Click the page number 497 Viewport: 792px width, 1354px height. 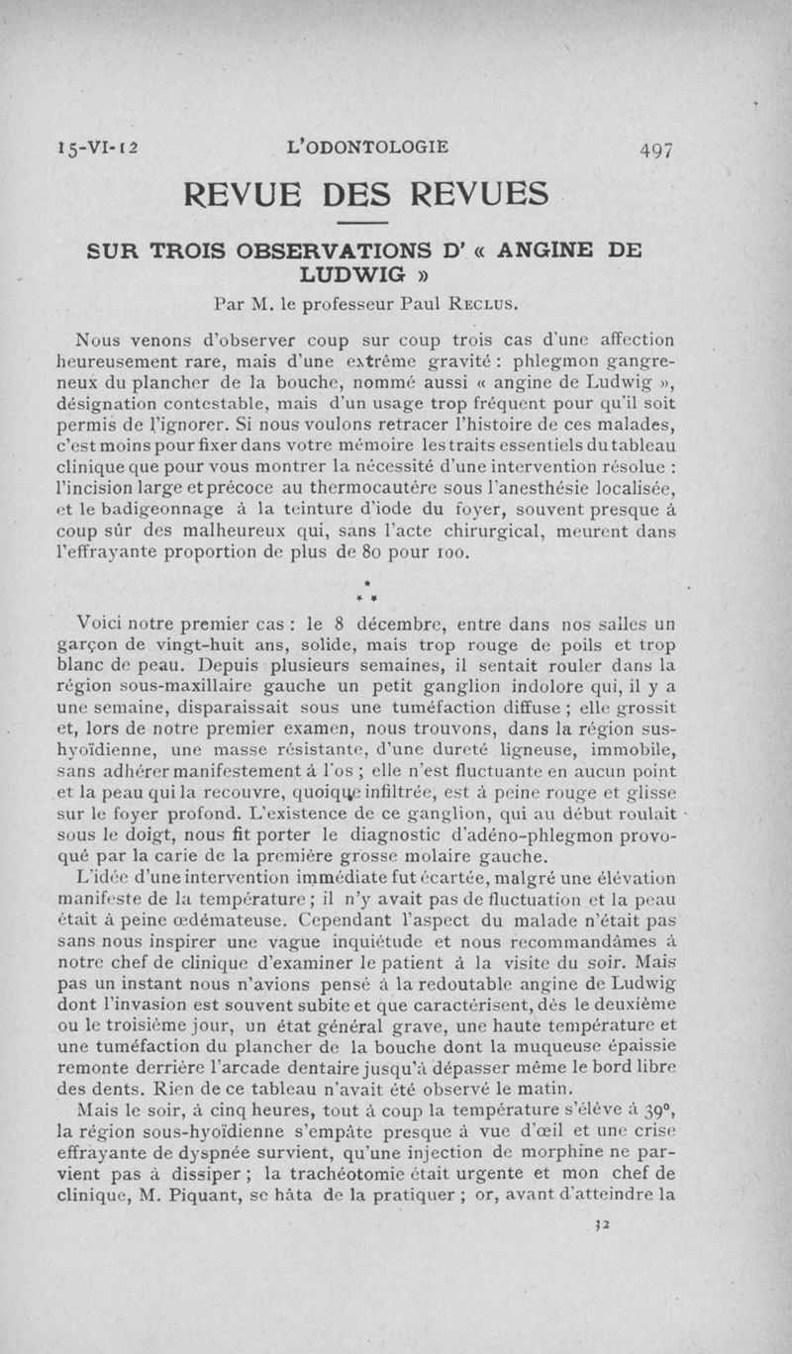pyautogui.click(x=656, y=150)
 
